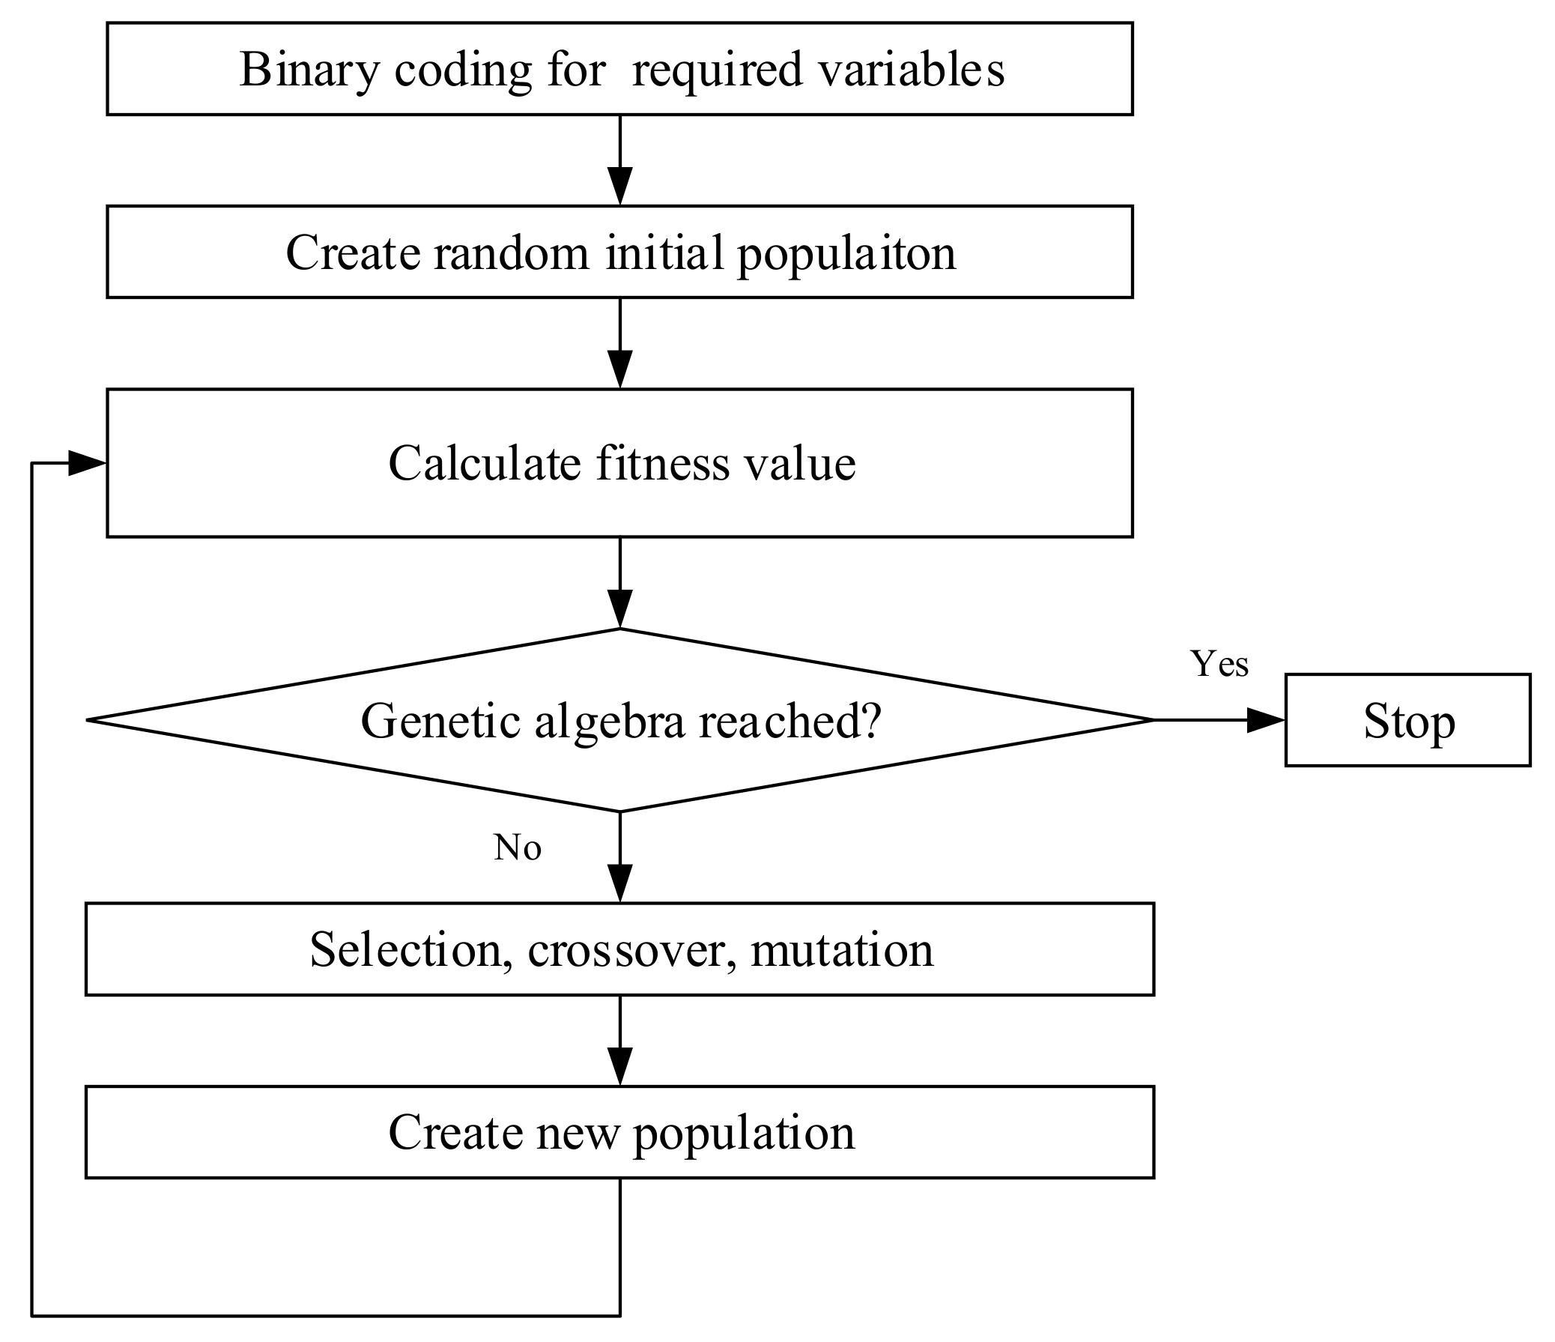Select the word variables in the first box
pyautogui.click(x=910, y=70)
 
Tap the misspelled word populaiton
pyautogui.click(x=846, y=253)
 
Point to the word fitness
pyautogui.click(x=663, y=463)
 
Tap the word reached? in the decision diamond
pyautogui.click(x=789, y=722)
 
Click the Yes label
pyautogui.click(x=1219, y=664)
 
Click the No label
pyautogui.click(x=517, y=848)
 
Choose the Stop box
pyautogui.click(x=1408, y=722)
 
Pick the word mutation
pyautogui.click(x=841, y=949)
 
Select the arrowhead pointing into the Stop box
pyautogui.click(x=1266, y=721)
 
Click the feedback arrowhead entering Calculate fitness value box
pyautogui.click(x=85, y=463)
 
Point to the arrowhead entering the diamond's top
pyautogui.click(x=620, y=608)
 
